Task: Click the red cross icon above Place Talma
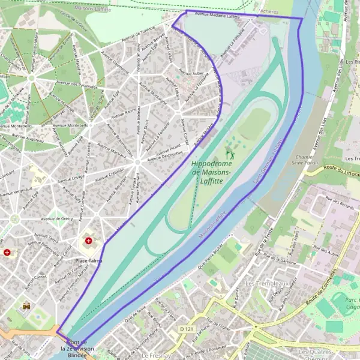(89, 241)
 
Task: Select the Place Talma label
(88, 261)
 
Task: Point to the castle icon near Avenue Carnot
(26, 306)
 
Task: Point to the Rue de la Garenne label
(282, 260)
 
